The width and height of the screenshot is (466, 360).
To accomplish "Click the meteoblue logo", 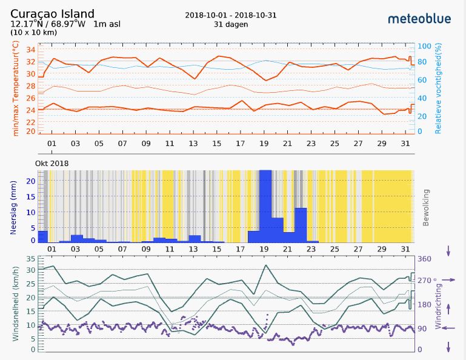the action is pyautogui.click(x=419, y=19).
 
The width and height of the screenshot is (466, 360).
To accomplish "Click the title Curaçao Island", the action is pyautogui.click(x=52, y=14).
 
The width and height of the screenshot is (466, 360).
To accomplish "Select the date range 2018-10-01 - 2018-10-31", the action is pyautogui.click(x=231, y=15).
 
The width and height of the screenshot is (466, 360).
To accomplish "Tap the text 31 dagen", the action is pyautogui.click(x=231, y=24).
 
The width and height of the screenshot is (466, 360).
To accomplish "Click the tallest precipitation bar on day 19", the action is pyautogui.click(x=265, y=206).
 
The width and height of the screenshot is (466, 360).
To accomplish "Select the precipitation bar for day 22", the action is pyautogui.click(x=301, y=225).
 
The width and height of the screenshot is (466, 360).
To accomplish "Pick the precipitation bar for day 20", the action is pyautogui.click(x=278, y=230).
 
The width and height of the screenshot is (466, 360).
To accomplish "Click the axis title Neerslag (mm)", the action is pyautogui.click(x=13, y=207).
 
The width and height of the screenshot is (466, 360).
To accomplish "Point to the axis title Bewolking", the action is pyautogui.click(x=425, y=207).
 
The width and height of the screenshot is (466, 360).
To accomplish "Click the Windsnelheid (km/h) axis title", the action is pyautogui.click(x=16, y=304).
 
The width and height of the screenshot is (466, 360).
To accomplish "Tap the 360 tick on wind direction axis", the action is pyautogui.click(x=424, y=259).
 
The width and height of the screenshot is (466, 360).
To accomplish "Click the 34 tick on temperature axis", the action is pyautogui.click(x=31, y=49).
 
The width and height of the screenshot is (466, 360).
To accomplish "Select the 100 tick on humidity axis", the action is pyautogui.click(x=424, y=46).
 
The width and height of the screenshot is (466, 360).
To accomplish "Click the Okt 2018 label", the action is pyautogui.click(x=52, y=164).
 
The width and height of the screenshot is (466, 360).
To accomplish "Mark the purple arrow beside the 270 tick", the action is pyautogui.click(x=448, y=280).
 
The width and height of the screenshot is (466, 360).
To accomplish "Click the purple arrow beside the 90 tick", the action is pyautogui.click(x=448, y=328).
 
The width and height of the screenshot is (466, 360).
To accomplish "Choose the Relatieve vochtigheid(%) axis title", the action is pyautogui.click(x=438, y=88).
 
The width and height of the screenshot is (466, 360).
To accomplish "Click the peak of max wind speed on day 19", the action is pyautogui.click(x=265, y=265).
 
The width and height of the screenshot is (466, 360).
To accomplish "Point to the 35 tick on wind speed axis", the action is pyautogui.click(x=31, y=259).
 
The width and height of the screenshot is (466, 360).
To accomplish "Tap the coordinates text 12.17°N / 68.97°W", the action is pyautogui.click(x=48, y=24).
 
